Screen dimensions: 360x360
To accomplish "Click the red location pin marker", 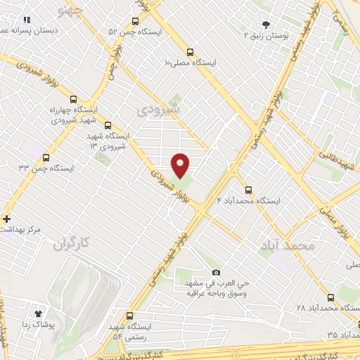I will [x=181, y=165].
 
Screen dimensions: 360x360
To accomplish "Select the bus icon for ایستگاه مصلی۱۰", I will [x=190, y=51].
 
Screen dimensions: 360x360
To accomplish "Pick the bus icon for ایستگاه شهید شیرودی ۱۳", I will [x=108, y=125].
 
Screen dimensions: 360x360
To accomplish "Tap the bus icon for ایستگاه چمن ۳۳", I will [x=46, y=157].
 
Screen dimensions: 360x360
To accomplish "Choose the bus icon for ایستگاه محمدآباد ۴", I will [x=247, y=189].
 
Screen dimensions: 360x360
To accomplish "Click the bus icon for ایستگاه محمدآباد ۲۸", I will [x=330, y=297].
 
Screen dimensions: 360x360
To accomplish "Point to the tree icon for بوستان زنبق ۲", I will [x=265, y=24].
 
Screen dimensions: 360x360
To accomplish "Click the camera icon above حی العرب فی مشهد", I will [x=216, y=272].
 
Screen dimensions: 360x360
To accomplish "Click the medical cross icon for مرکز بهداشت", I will [x=7, y=219].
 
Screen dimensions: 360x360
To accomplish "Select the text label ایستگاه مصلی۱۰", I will [x=191, y=63].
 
